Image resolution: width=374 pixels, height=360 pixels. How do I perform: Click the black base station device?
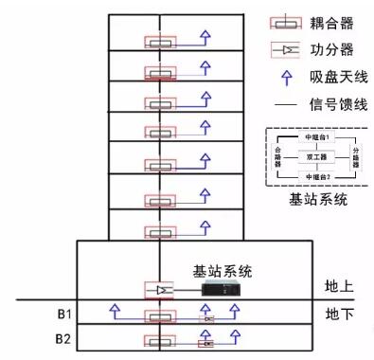point(224,288)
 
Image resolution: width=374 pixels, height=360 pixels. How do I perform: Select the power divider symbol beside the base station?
point(158,288)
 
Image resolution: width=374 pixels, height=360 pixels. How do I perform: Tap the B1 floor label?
point(62,311)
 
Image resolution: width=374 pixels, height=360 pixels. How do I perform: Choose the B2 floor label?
point(62,338)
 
